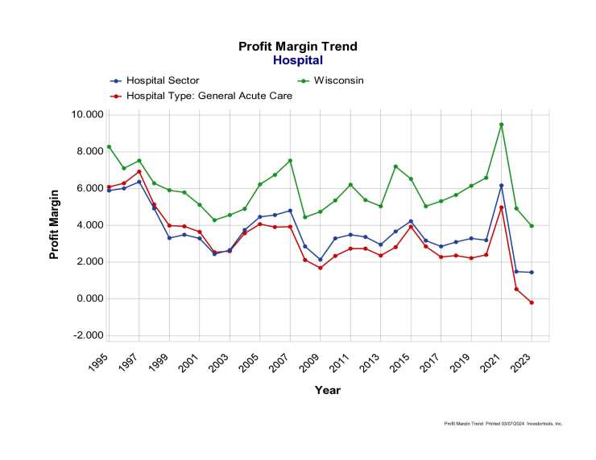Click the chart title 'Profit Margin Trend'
tap(297, 47)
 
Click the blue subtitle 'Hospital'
tap(297, 60)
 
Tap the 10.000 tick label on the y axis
tap(87, 115)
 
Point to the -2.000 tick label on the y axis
tap(87, 335)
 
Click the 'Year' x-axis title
tap(328, 390)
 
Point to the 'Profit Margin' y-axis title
tap(55, 224)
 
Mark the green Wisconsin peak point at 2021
tap(501, 125)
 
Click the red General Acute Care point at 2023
tap(532, 302)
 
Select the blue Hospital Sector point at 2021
tap(501, 186)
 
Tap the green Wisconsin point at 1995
tap(109, 147)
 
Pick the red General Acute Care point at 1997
tap(139, 171)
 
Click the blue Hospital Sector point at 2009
tap(320, 260)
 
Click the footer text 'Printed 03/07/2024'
tap(501, 423)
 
